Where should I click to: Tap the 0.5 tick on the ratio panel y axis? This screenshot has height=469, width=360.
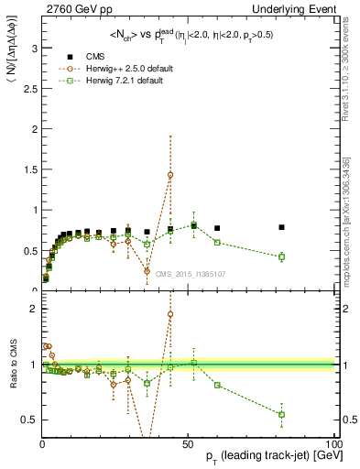[x=30, y=420]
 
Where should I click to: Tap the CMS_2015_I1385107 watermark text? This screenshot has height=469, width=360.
[x=190, y=273]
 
